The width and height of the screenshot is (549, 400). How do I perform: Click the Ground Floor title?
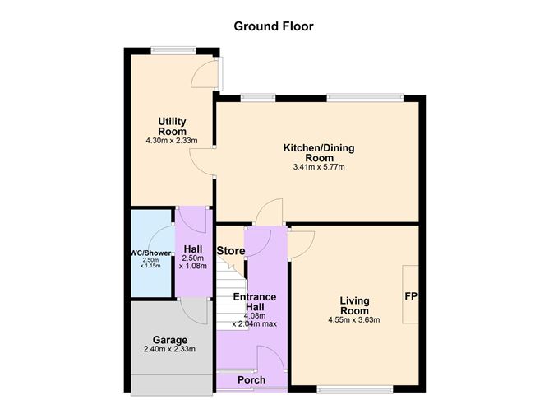(274, 26)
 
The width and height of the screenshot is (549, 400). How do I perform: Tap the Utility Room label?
(173, 126)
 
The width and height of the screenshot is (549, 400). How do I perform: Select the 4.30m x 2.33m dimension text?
(173, 141)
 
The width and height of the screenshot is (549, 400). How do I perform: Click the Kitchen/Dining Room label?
(319, 152)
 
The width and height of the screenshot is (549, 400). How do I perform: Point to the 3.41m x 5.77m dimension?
(319, 167)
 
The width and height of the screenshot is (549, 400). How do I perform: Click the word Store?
(230, 251)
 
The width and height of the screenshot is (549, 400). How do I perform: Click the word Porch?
(251, 380)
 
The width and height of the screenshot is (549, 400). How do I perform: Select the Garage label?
(170, 340)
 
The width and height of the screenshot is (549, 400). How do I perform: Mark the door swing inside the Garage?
(195, 311)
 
